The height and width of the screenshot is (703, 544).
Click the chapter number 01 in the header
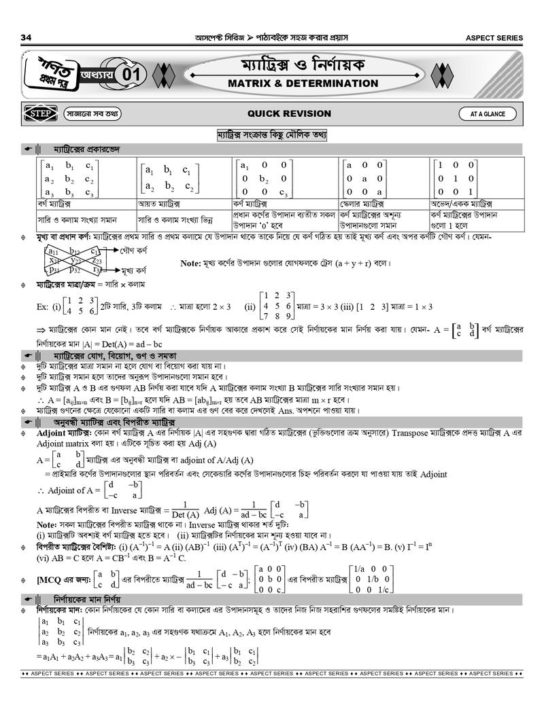[133, 76]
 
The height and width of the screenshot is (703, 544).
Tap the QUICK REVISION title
[289, 113]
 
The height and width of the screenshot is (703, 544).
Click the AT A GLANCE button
[487, 114]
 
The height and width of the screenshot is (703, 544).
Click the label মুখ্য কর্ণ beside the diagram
[136, 270]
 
